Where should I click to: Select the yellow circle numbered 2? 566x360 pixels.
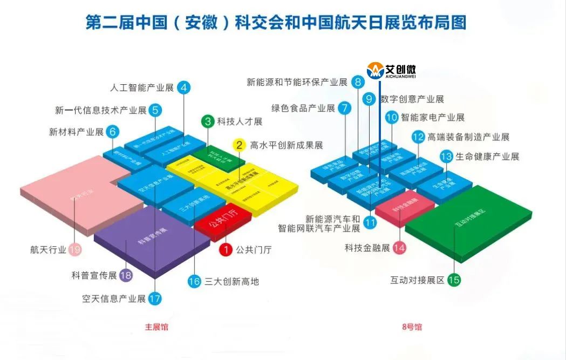click(x=239, y=145)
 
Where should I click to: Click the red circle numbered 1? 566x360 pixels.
click(x=226, y=249)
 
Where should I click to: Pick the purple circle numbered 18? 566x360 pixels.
click(x=126, y=275)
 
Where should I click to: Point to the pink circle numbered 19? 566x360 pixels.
click(x=76, y=249)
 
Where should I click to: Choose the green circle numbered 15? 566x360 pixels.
click(x=454, y=280)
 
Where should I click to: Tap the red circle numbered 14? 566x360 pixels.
click(x=399, y=248)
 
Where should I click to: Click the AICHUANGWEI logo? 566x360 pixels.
click(x=392, y=70)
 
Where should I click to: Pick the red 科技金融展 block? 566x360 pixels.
click(x=405, y=206)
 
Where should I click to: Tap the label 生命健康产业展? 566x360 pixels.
click(x=487, y=157)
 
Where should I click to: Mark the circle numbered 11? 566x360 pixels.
click(x=370, y=222)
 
